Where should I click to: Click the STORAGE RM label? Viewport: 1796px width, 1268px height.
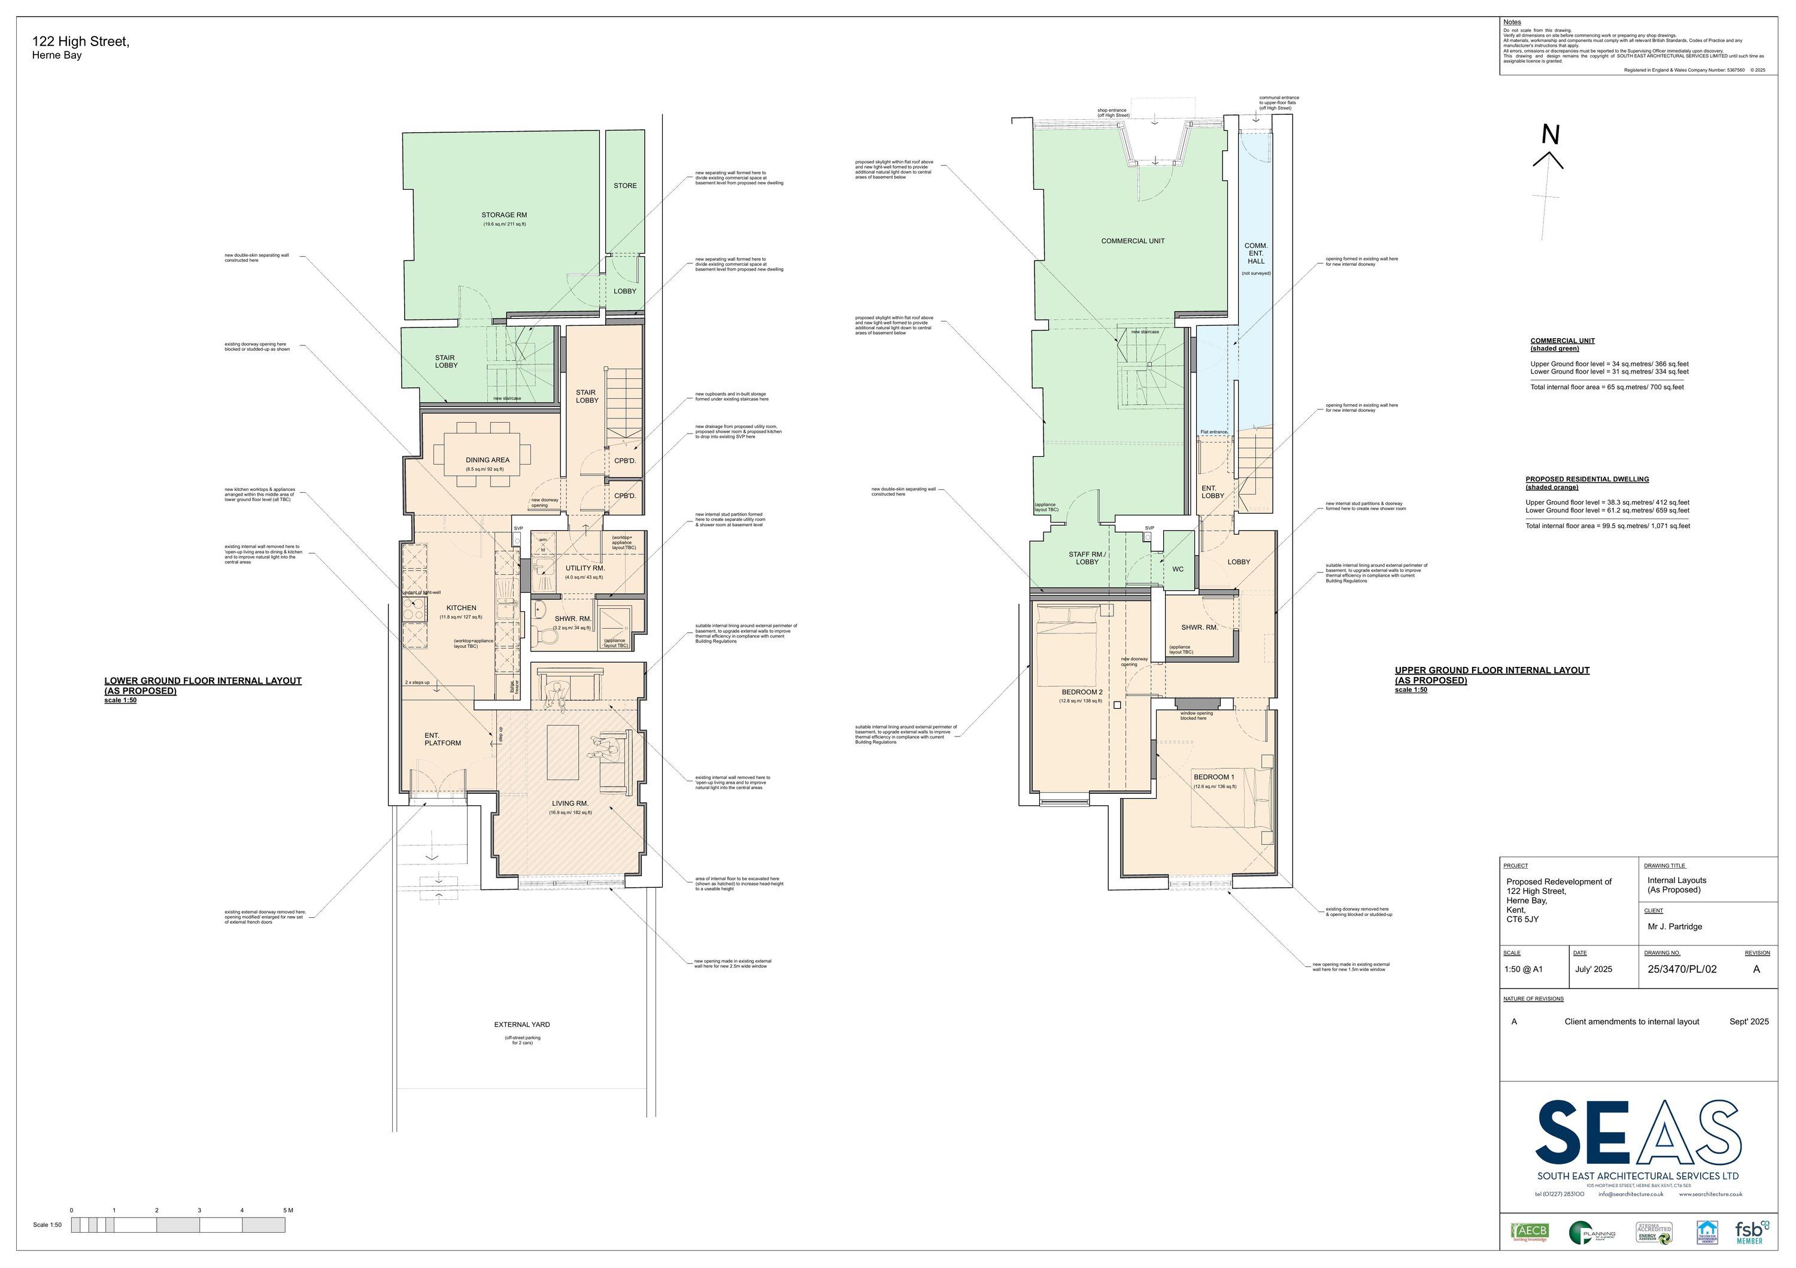(503, 215)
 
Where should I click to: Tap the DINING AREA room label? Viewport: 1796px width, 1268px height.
(487, 460)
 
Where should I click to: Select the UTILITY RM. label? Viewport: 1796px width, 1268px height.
(585, 568)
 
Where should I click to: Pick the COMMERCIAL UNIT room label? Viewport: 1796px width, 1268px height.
(1133, 241)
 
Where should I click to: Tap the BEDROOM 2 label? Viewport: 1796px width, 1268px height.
(1082, 692)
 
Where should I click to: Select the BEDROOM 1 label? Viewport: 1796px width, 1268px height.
(1214, 776)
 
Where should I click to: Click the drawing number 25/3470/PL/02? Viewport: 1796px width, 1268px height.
(1682, 969)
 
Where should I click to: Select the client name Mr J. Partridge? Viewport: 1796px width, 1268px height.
(1674, 926)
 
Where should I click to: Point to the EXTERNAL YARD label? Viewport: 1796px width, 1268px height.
(522, 1024)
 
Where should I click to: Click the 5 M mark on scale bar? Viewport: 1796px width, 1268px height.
(287, 1210)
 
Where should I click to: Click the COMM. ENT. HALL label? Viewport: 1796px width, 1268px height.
(1256, 253)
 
